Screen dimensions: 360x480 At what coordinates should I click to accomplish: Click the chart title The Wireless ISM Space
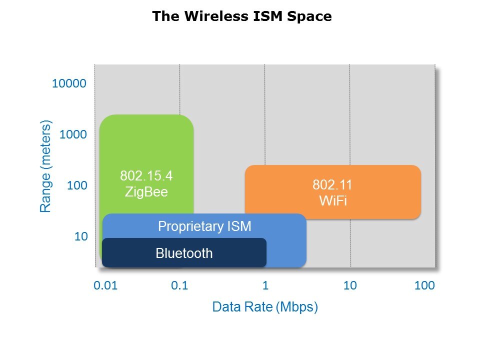pos(241,16)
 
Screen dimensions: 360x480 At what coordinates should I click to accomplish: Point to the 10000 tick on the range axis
pos(69,83)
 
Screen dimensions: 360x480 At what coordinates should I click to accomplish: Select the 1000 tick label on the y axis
pos(73,134)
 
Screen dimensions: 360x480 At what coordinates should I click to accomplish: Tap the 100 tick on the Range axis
pos(77,185)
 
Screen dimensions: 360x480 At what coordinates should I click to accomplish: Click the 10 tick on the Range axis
pos(81,236)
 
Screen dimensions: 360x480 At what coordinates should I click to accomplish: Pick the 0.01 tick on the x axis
pos(105,286)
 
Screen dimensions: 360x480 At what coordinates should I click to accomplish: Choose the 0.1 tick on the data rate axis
pos(179,286)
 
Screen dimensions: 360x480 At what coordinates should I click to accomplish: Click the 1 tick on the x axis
pos(265,286)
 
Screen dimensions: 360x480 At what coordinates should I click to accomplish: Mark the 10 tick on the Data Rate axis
pos(350,286)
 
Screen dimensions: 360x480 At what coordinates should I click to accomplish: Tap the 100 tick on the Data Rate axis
pos(424,286)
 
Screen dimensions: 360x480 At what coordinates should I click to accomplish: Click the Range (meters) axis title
pos(46,166)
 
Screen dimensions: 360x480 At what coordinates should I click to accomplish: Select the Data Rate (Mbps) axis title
pos(265,307)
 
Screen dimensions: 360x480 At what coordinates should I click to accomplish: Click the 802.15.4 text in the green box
pos(146,176)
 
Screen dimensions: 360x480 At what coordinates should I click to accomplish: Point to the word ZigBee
pos(146,192)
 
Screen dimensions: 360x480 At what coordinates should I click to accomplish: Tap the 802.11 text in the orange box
pos(332,185)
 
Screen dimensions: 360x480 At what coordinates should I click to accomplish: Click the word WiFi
pos(332,201)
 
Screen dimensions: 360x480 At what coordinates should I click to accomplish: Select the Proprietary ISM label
pos(204,226)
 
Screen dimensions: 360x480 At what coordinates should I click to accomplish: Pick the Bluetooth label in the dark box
pos(184,253)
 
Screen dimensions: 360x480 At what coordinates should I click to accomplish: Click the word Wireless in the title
pos(207,16)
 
